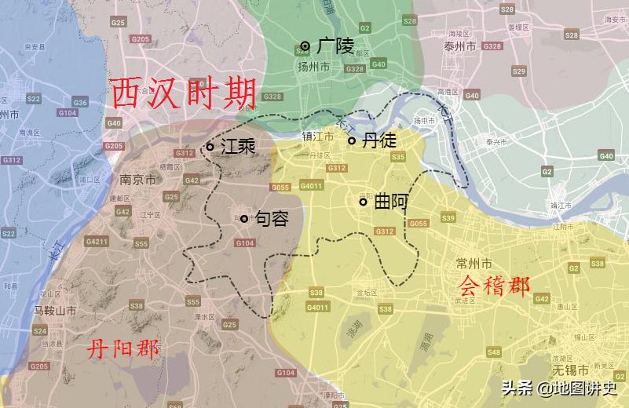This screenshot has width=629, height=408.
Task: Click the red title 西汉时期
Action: (185, 93)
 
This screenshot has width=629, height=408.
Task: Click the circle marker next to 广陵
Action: (305, 46)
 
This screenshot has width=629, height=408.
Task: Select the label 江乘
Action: (238, 146)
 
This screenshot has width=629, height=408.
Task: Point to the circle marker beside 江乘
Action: (210, 146)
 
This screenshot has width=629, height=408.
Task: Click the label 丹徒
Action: (379, 140)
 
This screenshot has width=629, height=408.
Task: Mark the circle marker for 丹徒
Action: (352, 140)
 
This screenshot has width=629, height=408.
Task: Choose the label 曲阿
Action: (390, 202)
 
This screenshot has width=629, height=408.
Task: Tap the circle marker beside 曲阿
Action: (363, 202)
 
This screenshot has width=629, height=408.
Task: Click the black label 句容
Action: (272, 219)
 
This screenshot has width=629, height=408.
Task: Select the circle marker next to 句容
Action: (244, 219)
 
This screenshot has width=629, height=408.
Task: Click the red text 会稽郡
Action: (494, 285)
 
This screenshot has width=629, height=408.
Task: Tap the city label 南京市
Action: (138, 180)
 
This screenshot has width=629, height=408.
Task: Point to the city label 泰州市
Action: (460, 47)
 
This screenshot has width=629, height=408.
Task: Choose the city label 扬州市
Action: (313, 67)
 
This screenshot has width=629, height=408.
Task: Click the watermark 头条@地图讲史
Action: (559, 388)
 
